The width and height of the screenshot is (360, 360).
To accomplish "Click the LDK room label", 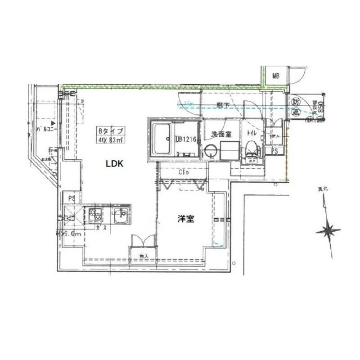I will [115, 164].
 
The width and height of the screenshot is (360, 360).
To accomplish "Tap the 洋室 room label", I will [185, 219].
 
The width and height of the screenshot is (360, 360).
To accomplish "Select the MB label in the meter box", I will [276, 76].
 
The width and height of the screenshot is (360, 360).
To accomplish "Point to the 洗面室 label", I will [221, 133].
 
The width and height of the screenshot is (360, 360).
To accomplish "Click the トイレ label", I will [252, 133].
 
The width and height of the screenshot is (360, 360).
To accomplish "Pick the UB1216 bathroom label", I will [186, 139].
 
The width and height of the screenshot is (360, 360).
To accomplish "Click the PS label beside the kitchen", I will [71, 198].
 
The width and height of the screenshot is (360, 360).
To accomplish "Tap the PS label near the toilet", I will [274, 151].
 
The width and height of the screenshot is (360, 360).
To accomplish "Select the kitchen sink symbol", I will [121, 216].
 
